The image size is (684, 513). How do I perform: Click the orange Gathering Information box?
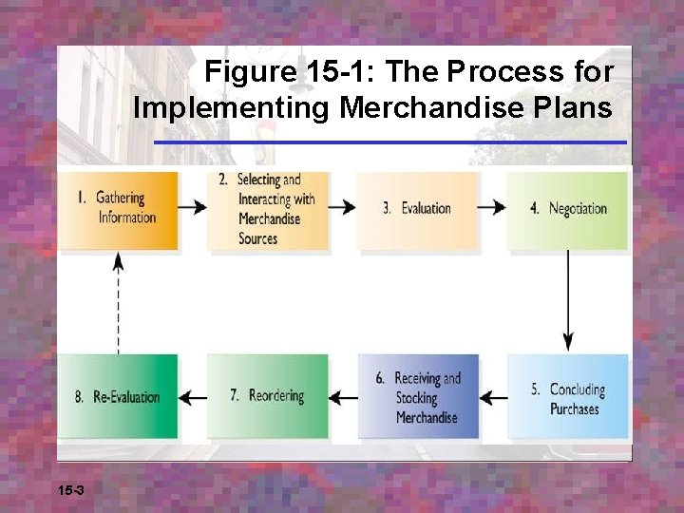(118, 209)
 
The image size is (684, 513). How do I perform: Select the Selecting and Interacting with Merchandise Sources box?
(269, 209)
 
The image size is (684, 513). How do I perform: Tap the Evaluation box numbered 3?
(417, 209)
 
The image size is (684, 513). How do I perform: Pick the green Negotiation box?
(567, 209)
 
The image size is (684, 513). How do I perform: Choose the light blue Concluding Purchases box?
(567, 397)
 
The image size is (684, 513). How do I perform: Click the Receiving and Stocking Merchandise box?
(418, 397)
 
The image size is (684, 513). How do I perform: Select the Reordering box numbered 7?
(268, 396)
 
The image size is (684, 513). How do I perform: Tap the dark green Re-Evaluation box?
(118, 396)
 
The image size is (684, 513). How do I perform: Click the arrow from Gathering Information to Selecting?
(193, 207)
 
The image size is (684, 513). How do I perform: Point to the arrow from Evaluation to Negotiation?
(492, 207)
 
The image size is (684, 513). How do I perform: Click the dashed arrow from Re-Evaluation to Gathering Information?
(118, 302)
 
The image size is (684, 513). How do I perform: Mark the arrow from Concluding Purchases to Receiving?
(493, 397)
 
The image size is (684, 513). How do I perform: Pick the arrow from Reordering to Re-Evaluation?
(193, 397)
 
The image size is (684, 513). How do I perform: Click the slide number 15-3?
(71, 490)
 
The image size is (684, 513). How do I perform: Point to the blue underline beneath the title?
(390, 142)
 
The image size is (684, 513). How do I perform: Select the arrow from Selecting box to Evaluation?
(343, 207)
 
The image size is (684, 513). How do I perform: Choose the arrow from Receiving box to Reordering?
(343, 397)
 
